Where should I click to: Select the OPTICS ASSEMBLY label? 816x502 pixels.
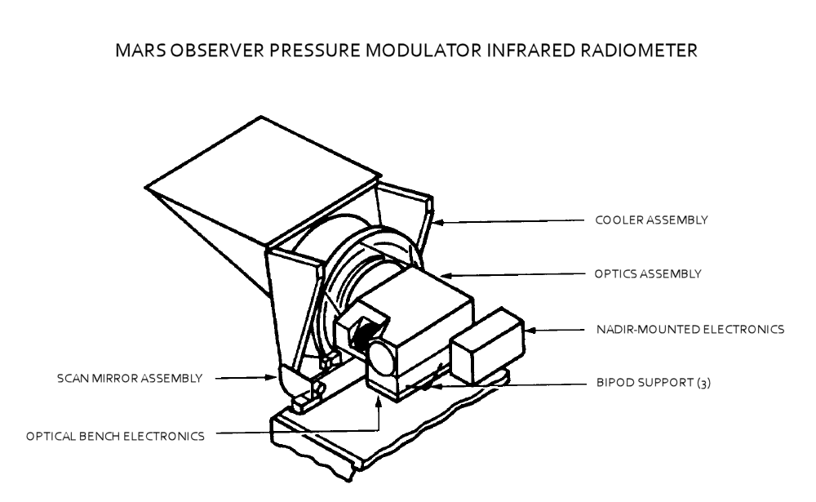tap(647, 274)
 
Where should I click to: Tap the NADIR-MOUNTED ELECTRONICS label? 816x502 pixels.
tap(690, 330)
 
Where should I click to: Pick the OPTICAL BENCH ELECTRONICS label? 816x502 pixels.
tap(117, 436)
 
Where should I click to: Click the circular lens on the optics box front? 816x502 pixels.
tap(381, 355)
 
